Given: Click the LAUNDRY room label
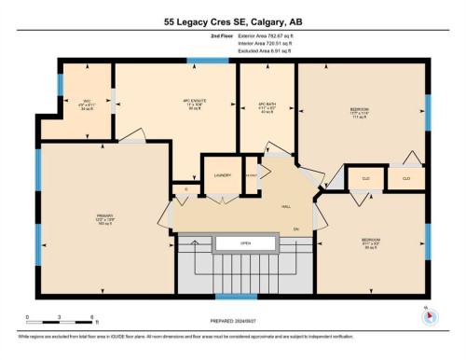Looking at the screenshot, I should tap(222, 174).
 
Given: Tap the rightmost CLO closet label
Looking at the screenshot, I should tap(406, 177).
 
